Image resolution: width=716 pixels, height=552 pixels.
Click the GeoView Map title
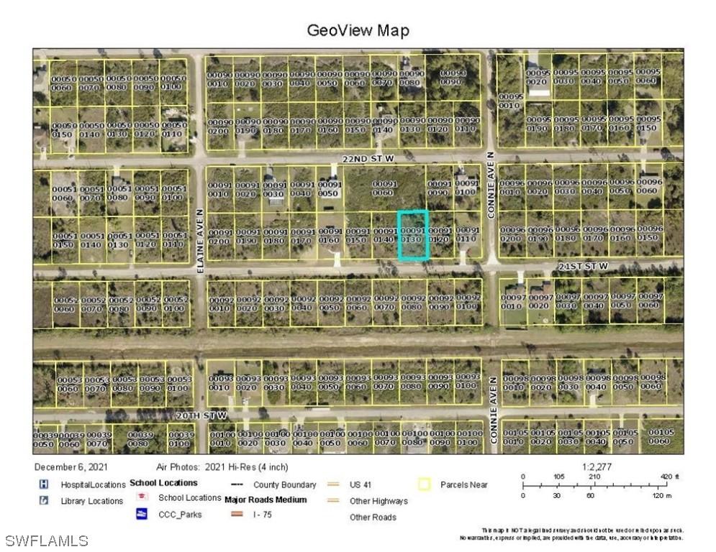(358, 30)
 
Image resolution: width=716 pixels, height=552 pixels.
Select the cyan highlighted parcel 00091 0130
(413, 235)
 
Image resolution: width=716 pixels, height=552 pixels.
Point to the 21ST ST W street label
(583, 266)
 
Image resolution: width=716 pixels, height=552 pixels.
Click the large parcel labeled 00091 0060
(385, 188)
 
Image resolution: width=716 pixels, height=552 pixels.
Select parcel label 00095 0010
(510, 101)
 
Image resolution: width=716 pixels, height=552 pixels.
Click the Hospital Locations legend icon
(44, 484)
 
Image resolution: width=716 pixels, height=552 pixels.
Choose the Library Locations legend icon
(44, 500)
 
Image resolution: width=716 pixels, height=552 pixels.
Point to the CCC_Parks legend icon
(142, 514)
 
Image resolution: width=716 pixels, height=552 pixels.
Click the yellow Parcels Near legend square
(424, 485)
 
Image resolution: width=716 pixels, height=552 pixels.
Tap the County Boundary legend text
(284, 485)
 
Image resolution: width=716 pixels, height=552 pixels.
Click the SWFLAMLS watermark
(47, 540)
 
